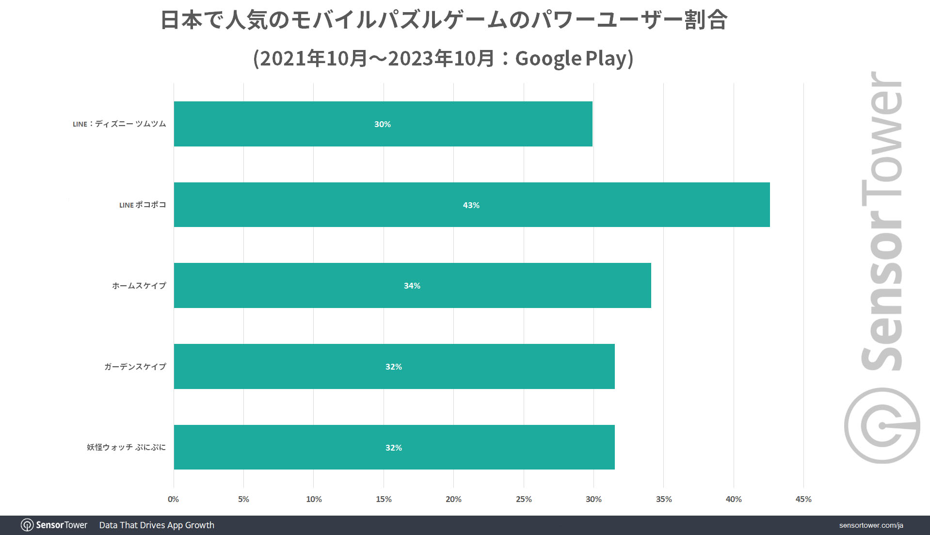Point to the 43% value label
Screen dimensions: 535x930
coord(471,205)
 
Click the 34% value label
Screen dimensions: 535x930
coord(412,286)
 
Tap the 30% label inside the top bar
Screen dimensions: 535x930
coord(382,124)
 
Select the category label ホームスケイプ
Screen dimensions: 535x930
coord(139,286)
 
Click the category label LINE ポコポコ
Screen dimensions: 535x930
coord(143,205)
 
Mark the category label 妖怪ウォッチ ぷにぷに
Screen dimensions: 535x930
coord(126,447)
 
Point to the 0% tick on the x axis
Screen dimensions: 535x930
coord(173,499)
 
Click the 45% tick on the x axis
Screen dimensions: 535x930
coord(803,499)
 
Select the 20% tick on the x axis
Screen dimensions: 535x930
coord(453,499)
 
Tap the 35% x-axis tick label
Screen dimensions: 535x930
coord(663,499)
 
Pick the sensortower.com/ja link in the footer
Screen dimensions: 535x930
coord(871,525)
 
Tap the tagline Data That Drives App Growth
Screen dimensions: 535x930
coord(157,525)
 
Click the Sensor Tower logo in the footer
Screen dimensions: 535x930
coord(54,525)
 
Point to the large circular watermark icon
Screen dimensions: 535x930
coord(882,425)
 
